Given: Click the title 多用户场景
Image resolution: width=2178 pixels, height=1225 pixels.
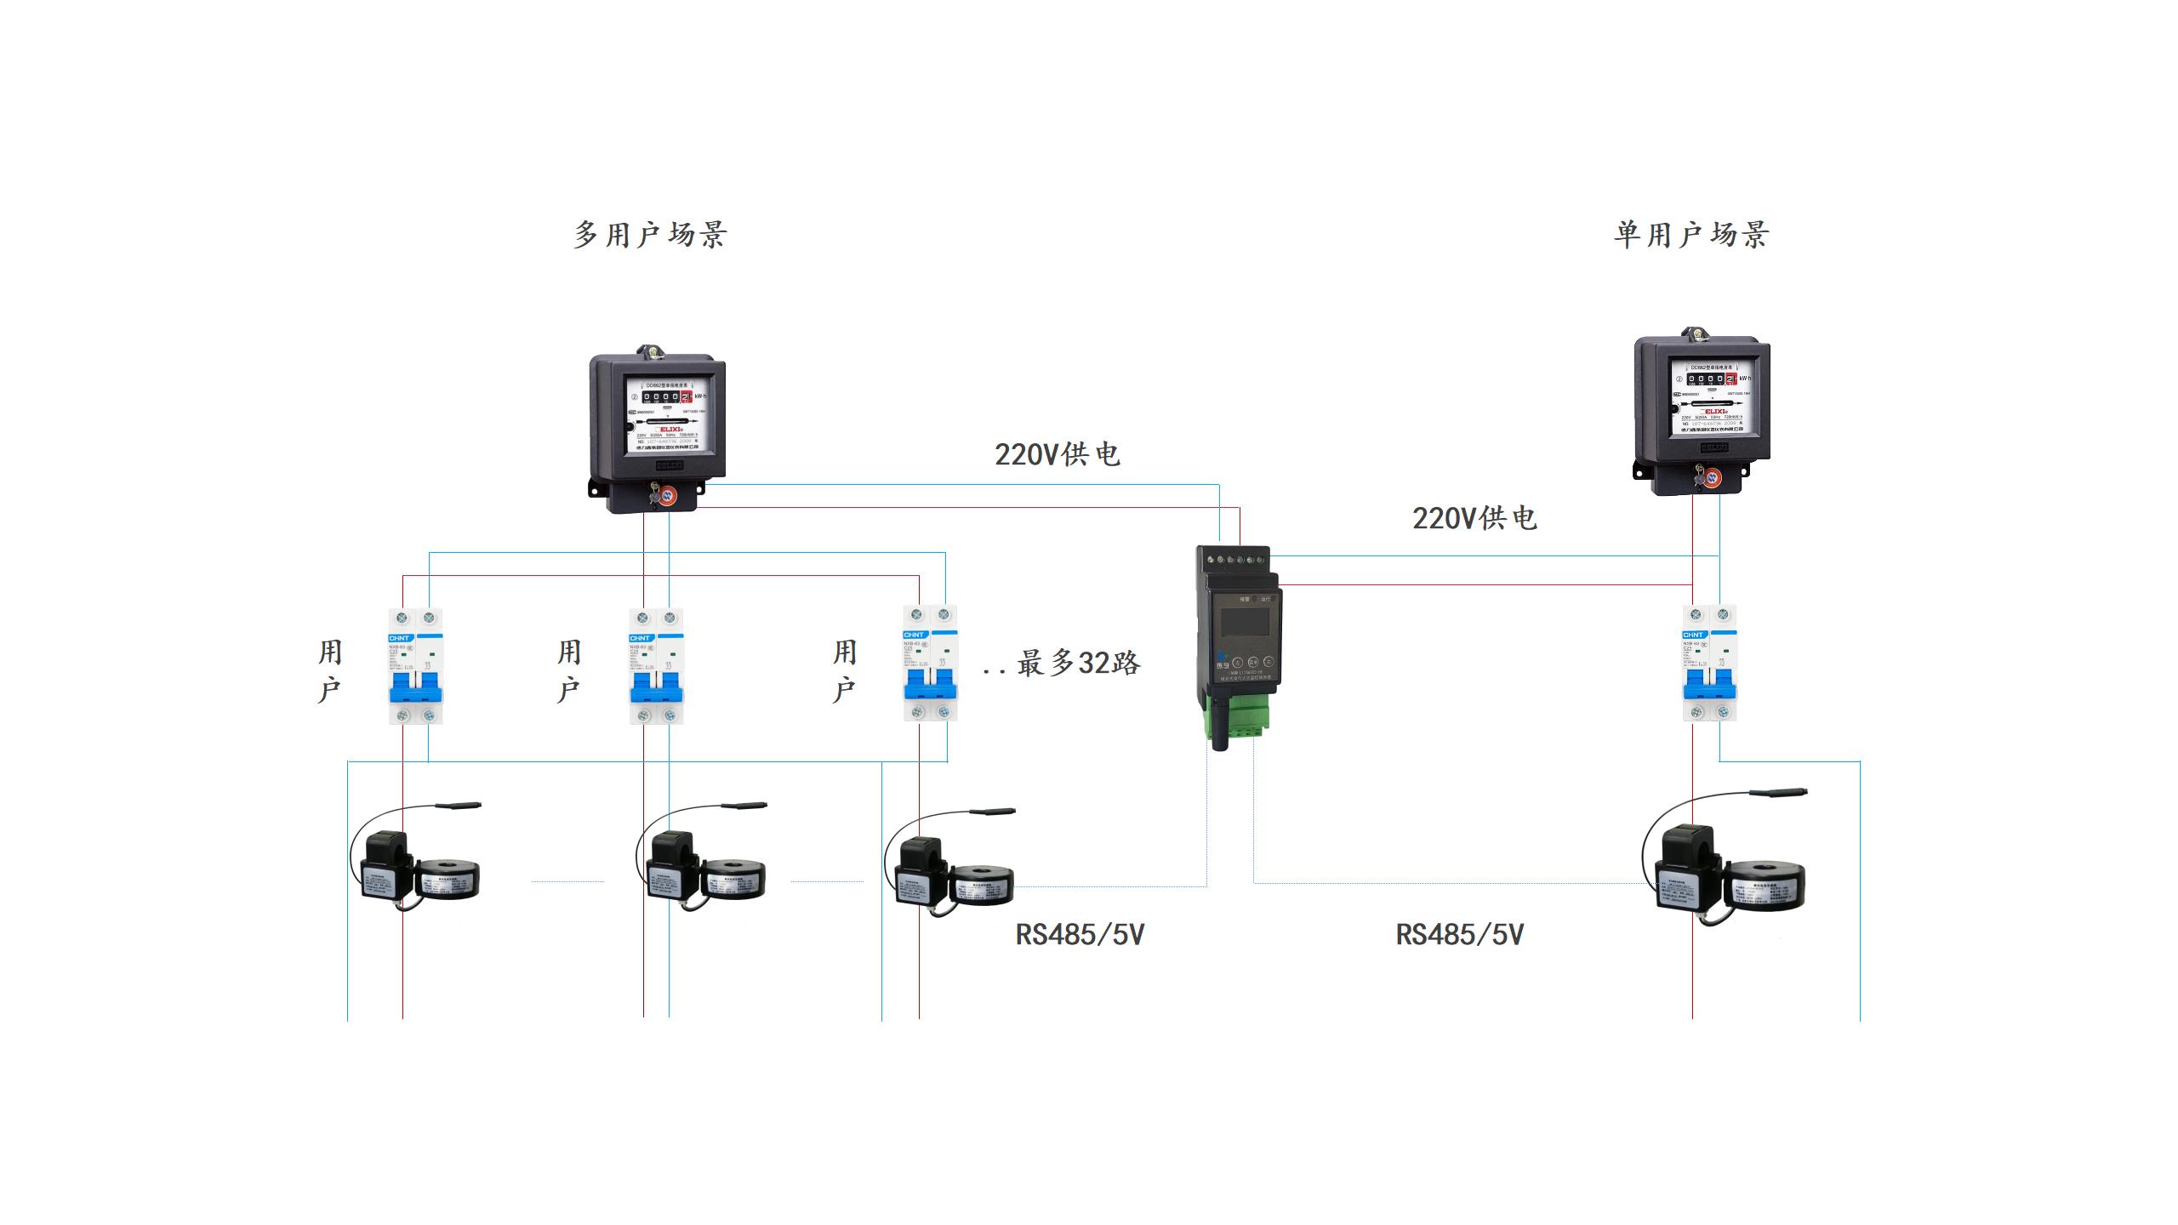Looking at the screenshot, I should point(650,235).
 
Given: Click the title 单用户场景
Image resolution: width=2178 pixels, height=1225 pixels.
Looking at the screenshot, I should point(1691,235).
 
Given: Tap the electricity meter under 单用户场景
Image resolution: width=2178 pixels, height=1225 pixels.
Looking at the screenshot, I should point(1702,412).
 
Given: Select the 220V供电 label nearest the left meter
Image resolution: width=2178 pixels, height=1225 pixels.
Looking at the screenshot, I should point(1057,454).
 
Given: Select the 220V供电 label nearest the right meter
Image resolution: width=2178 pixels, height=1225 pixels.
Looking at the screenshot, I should point(1474,518).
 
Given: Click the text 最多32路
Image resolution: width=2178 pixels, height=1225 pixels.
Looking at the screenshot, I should point(1078,663).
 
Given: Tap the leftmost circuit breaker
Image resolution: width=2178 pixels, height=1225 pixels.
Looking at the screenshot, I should point(416,666).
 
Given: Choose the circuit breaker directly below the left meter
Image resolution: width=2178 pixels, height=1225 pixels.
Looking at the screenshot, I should point(656,666).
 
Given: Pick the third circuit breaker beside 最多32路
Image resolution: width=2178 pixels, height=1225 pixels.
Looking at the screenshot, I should point(930,664).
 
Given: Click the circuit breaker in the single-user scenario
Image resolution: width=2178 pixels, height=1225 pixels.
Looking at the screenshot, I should point(1709,663).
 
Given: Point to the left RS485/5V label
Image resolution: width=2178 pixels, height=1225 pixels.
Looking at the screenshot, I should point(1080,935).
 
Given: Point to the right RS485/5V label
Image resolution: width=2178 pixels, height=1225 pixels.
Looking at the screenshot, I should point(1459,935).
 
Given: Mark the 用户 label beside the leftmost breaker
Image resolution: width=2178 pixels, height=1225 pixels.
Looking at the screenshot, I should point(330,671).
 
